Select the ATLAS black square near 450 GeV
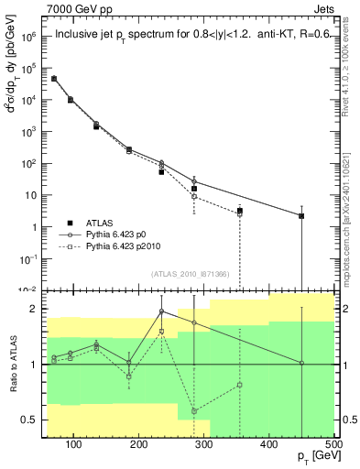click(301, 216)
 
